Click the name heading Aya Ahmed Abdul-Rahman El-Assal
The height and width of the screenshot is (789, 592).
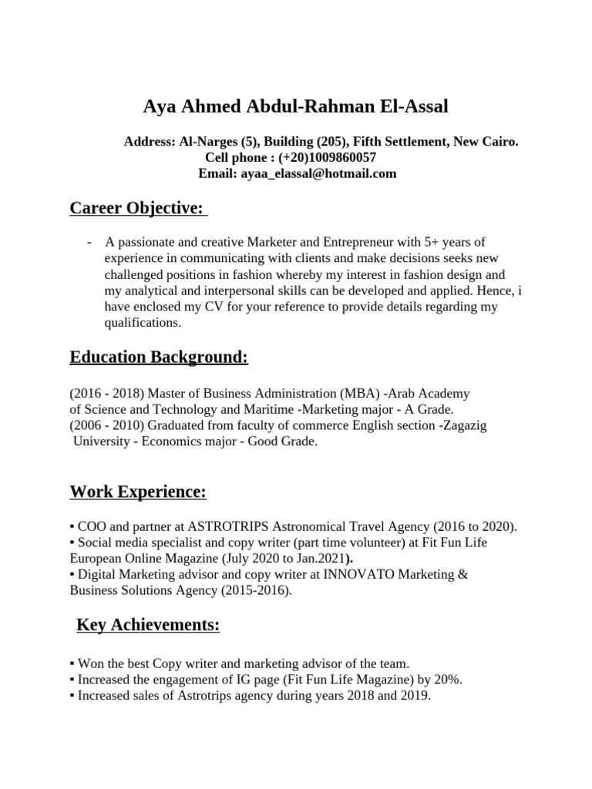(295, 106)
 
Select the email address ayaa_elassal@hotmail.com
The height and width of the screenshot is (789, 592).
(318, 173)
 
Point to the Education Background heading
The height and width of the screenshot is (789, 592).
(159, 358)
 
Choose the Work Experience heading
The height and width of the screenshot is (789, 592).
(138, 492)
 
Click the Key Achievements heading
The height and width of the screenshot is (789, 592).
(148, 626)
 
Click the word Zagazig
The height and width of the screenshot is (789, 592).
(464, 425)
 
